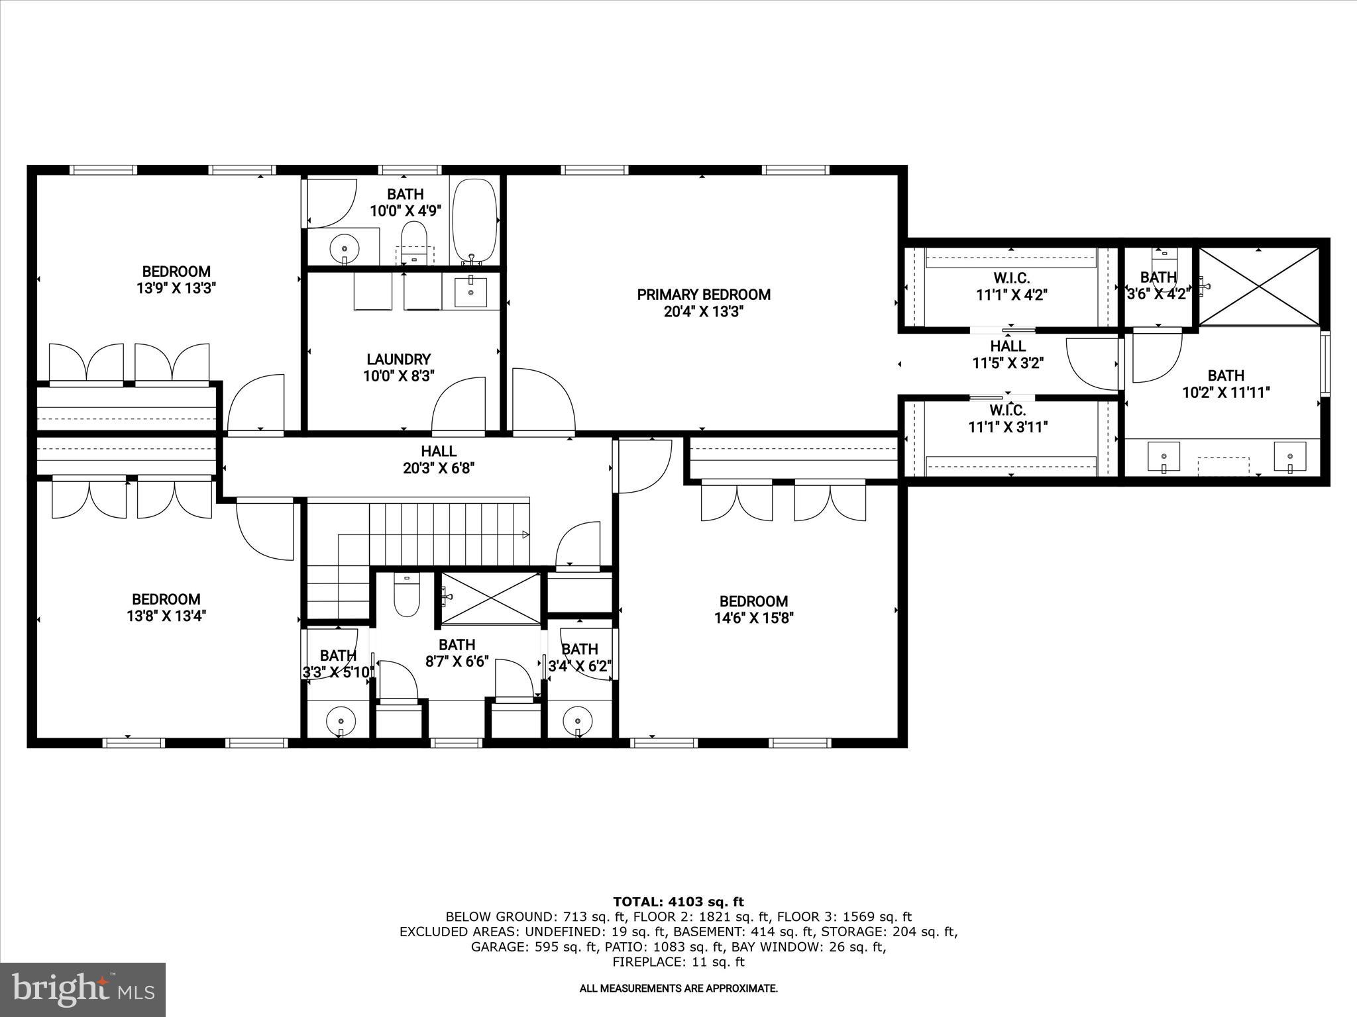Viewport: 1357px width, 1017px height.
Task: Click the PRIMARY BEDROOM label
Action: (x=704, y=295)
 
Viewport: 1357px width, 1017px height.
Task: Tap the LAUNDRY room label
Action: (x=398, y=360)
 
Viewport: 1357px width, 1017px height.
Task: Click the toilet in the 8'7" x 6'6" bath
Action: (x=406, y=596)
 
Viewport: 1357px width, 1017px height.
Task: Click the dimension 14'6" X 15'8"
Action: (x=753, y=618)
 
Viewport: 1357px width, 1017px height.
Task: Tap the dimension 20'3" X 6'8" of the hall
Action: (x=439, y=468)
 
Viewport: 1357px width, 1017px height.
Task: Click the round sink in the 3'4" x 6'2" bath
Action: (x=577, y=718)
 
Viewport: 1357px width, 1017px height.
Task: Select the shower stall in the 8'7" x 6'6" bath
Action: (x=490, y=598)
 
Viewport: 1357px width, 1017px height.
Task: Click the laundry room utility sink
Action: (x=470, y=292)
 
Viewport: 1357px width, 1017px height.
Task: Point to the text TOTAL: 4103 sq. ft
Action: (x=678, y=902)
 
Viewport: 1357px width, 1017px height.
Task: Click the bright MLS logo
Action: (x=83, y=989)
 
